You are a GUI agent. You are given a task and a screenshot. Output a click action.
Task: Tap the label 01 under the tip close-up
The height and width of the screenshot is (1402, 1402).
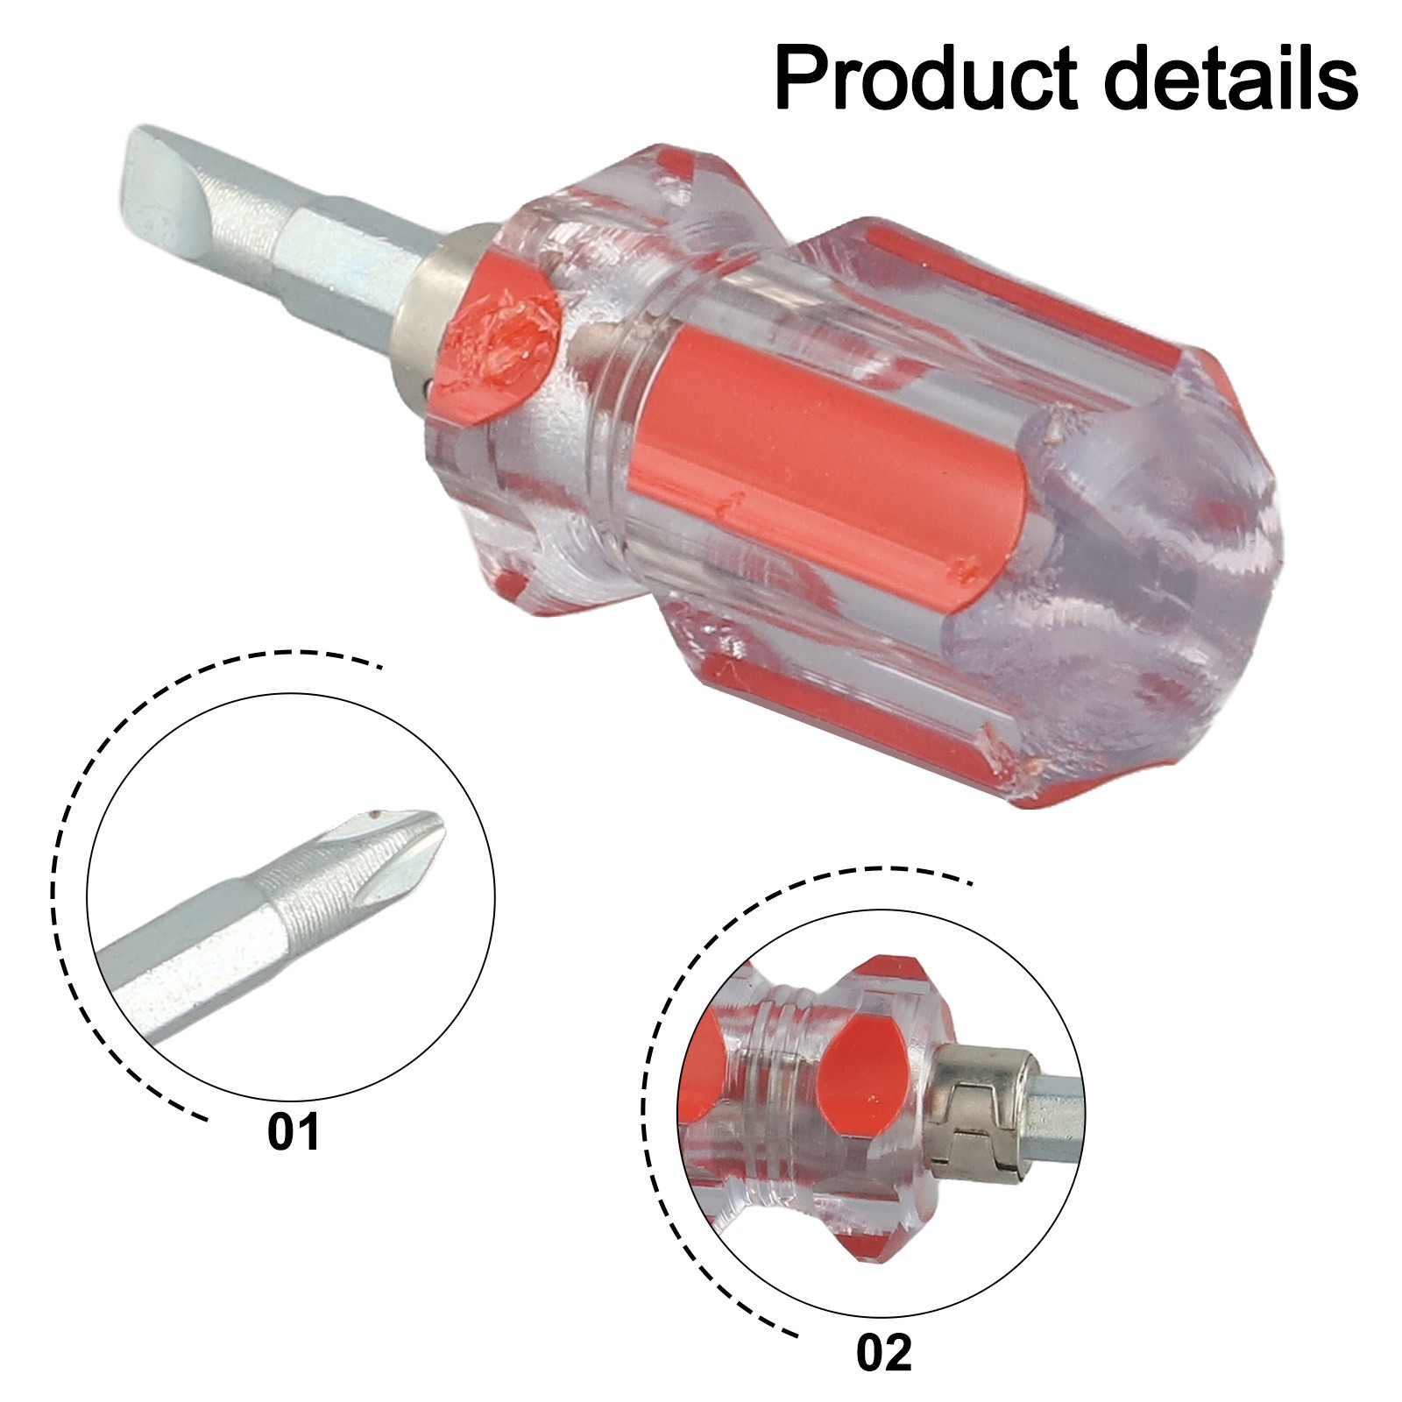point(294,1132)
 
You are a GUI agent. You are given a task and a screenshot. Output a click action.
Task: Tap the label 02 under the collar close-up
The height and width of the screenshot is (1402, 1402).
point(884,1354)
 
